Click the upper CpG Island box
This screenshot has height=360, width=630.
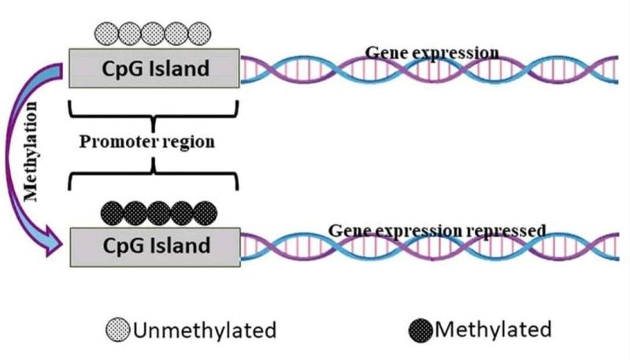[x=154, y=69]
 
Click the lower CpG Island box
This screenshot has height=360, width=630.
[x=154, y=245]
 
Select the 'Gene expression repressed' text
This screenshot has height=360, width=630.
[x=436, y=230]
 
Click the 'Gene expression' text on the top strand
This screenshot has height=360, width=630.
[x=432, y=53]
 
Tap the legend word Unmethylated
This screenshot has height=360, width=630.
[x=205, y=329]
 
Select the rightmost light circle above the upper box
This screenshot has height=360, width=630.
[x=202, y=33]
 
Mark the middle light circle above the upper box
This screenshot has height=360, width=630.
[x=154, y=33]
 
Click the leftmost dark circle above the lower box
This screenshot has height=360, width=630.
[x=113, y=213]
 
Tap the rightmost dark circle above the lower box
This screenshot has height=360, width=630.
[x=206, y=213]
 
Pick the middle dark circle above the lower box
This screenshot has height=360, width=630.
[x=160, y=213]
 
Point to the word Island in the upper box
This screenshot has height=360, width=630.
[x=180, y=69]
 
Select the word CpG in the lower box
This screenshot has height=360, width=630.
[x=124, y=245]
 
